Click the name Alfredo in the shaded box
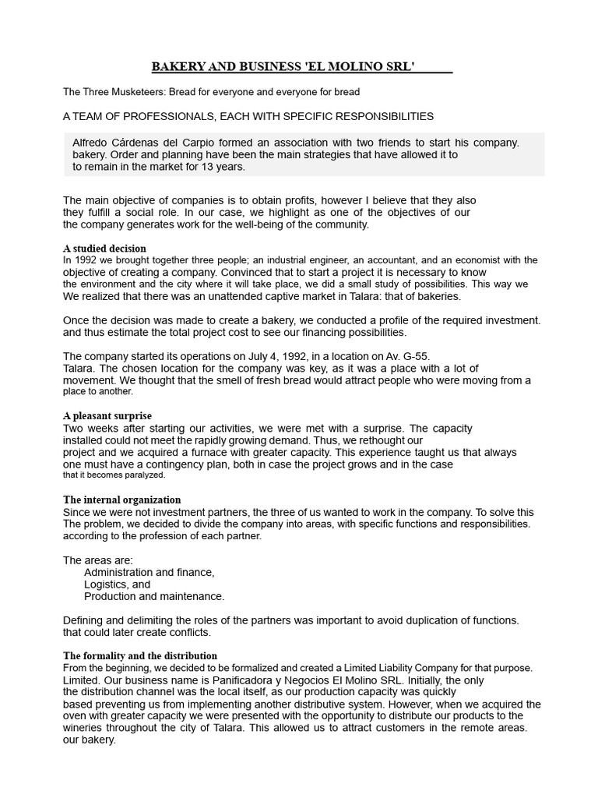(x=90, y=143)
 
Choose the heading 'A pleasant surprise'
(x=107, y=415)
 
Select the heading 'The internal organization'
(x=122, y=500)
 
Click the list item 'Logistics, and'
(x=118, y=584)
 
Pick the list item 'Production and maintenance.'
(x=154, y=596)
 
